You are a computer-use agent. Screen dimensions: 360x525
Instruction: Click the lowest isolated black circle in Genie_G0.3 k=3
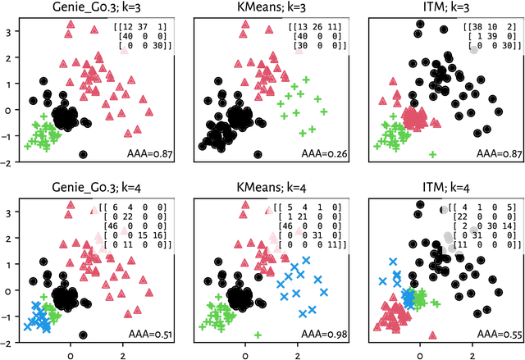coord(83,154)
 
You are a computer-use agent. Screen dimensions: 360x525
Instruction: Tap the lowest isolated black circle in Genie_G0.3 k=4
coord(83,334)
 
